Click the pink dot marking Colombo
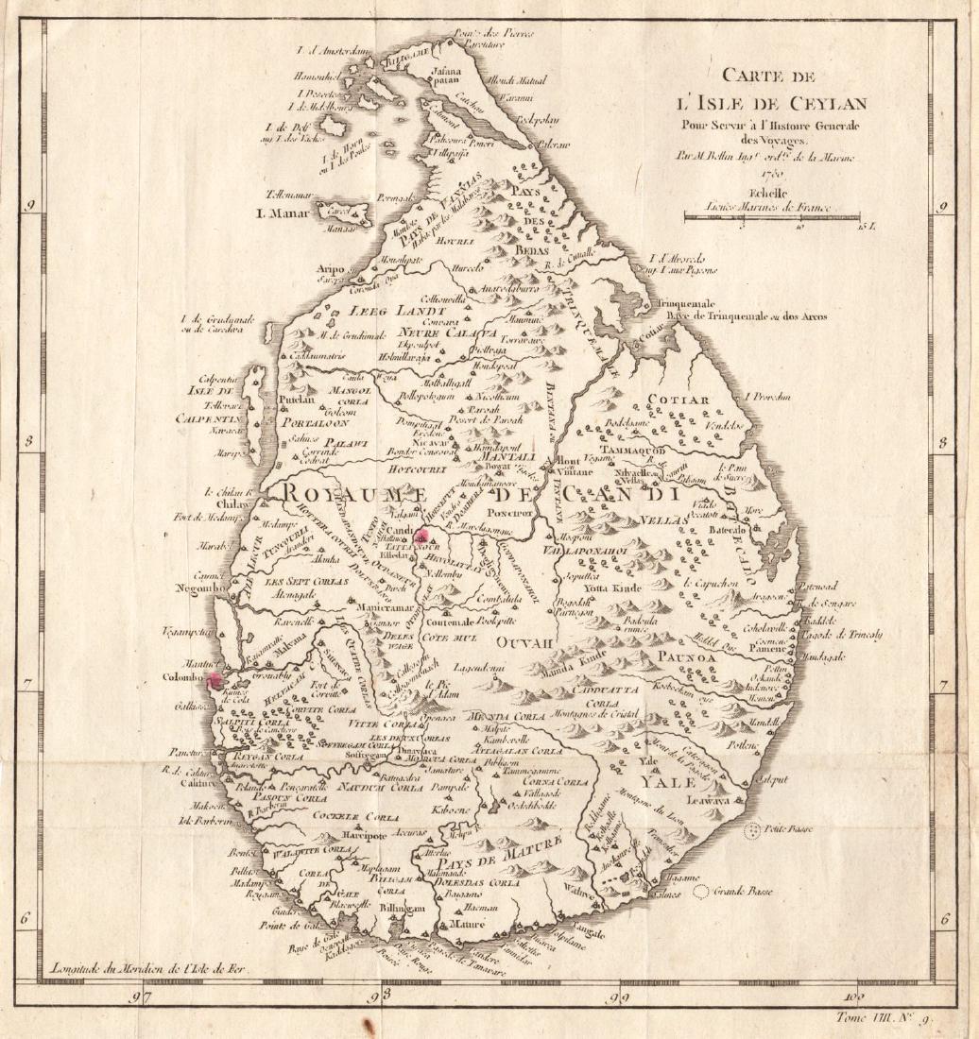pyautogui.click(x=215, y=678)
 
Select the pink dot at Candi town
pyautogui.click(x=421, y=535)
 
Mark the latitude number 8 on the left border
pyautogui.click(x=32, y=441)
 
